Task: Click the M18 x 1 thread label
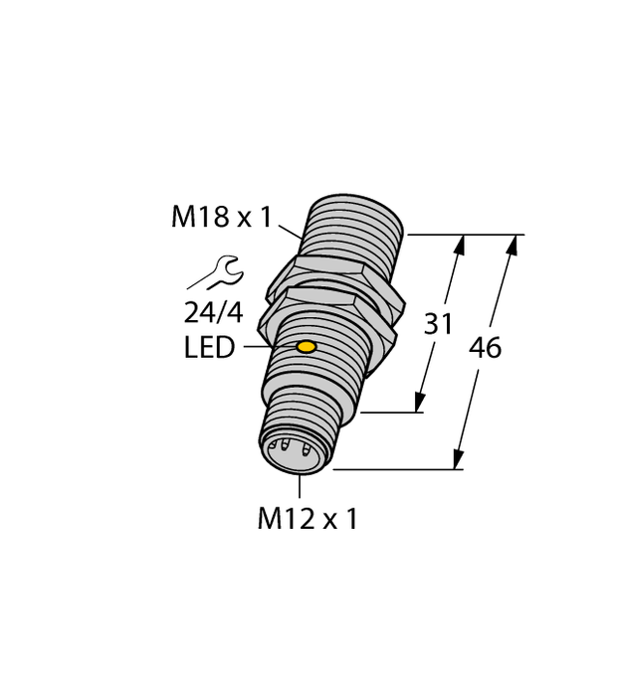click(x=221, y=217)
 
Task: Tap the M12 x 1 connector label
click(x=307, y=519)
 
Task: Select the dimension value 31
click(x=439, y=324)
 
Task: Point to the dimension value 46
click(x=485, y=349)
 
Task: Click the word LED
click(x=209, y=349)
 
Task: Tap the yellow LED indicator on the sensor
click(x=307, y=347)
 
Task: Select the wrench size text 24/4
click(x=213, y=312)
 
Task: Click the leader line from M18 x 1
click(x=289, y=232)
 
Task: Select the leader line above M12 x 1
click(x=300, y=486)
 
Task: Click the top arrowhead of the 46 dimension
click(x=515, y=243)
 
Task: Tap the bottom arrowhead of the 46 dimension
click(x=459, y=460)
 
